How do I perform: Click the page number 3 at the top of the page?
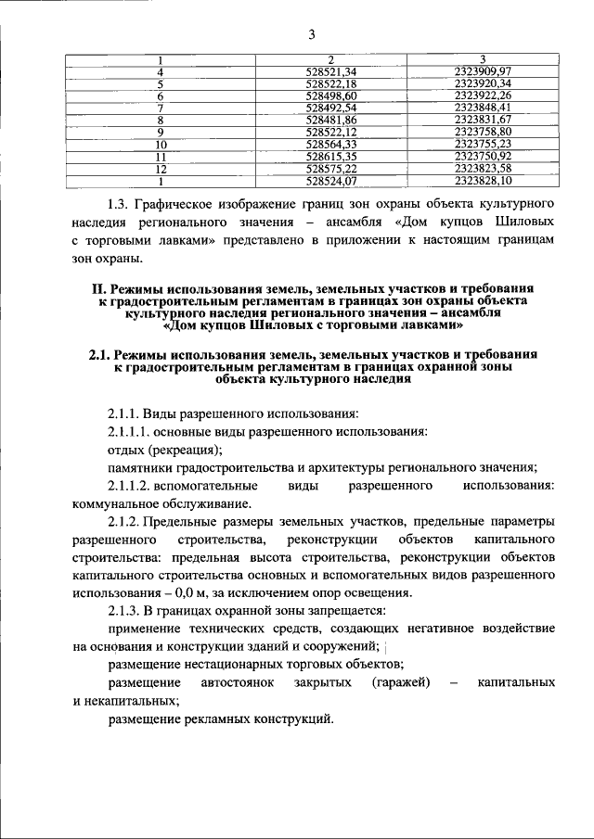pos(312,35)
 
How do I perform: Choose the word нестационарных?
pos(229,665)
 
